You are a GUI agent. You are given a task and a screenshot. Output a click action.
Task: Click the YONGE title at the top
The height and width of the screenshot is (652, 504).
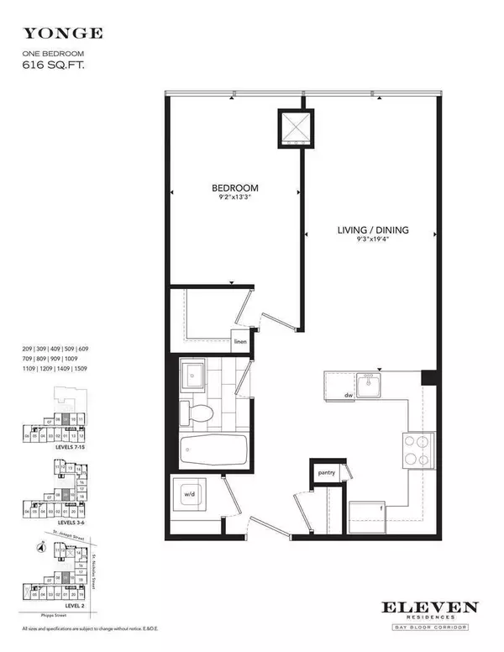(63, 34)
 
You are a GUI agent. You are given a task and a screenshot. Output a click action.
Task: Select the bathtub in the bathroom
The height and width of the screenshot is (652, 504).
(213, 455)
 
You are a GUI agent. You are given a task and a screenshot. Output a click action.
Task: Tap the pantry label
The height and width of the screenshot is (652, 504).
(326, 473)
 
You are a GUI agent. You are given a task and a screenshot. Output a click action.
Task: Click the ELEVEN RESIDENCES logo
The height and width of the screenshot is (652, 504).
(431, 612)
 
